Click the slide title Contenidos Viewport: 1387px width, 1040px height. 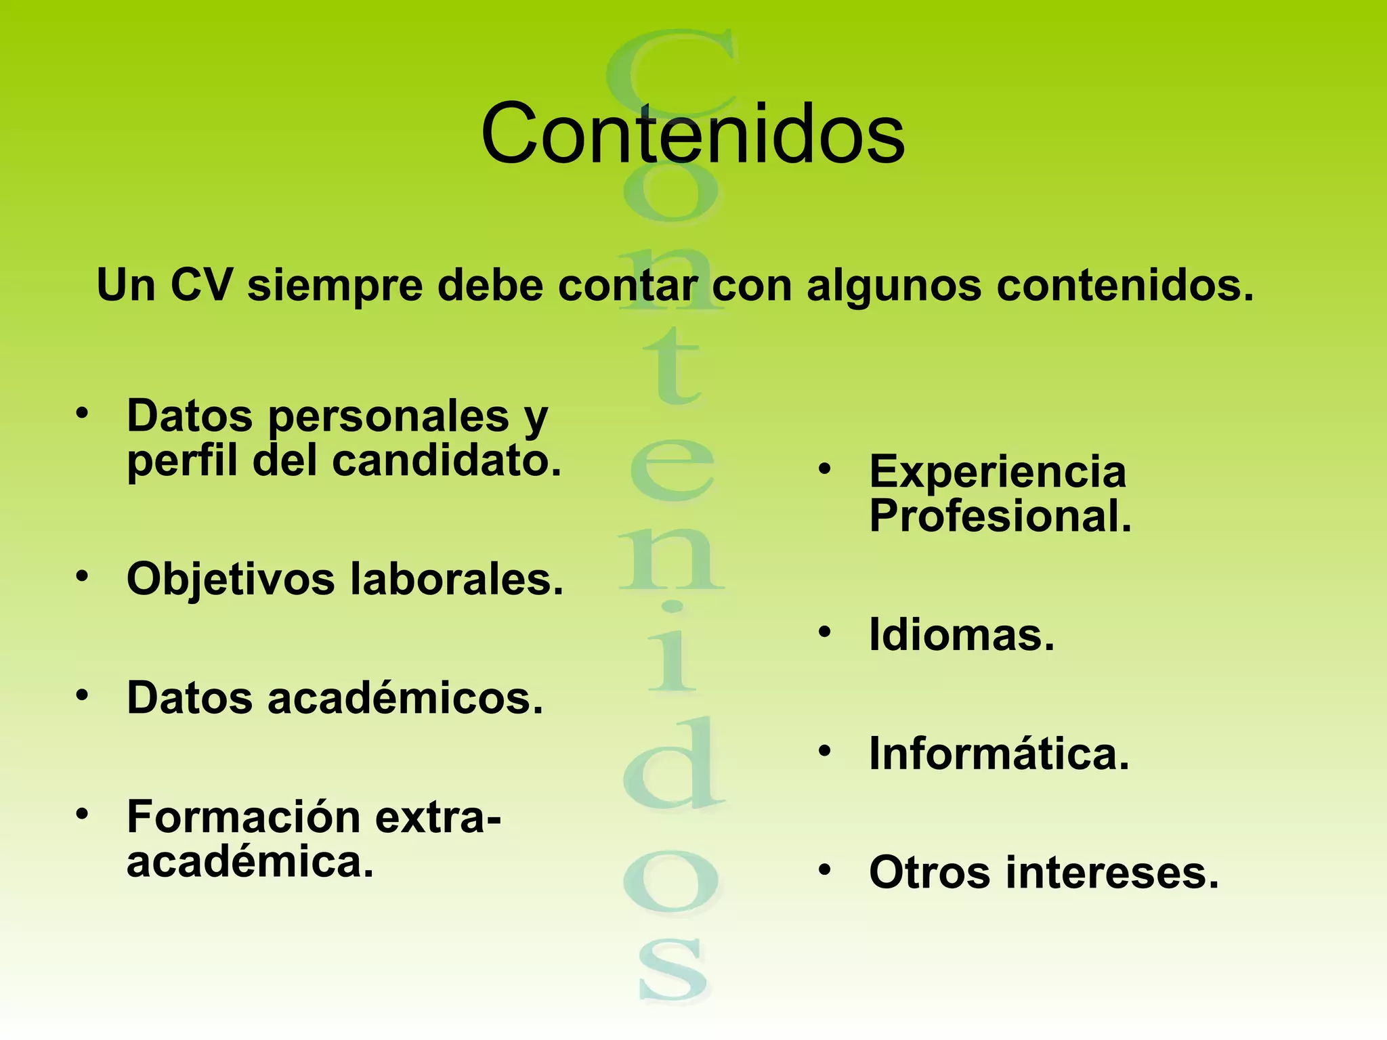pos(692,133)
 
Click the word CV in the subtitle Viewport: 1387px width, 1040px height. pos(201,285)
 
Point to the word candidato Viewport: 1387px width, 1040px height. pos(446,461)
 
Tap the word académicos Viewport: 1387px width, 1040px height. pos(405,698)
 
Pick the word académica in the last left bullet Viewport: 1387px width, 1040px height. pos(250,863)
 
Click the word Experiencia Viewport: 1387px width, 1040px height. pos(998,473)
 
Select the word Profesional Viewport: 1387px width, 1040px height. pos(1000,517)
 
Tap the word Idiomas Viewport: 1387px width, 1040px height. pos(962,636)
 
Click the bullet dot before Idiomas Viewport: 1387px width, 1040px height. pos(824,632)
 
